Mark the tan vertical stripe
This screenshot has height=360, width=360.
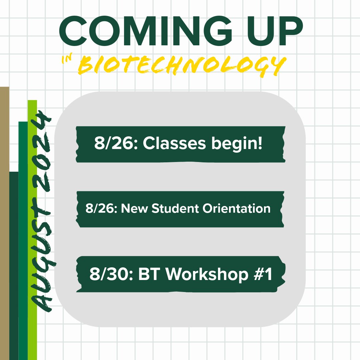tap(4, 223)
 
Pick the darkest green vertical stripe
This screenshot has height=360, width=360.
tap(14, 267)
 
